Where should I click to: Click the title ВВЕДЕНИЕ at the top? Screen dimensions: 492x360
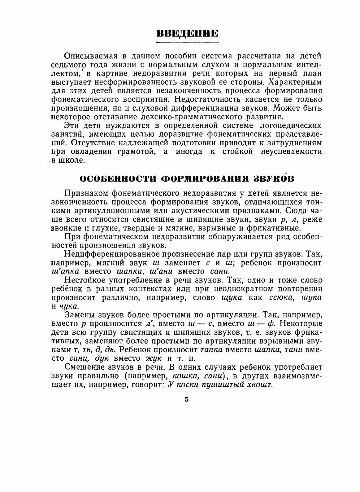tap(187, 33)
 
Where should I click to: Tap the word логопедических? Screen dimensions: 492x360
tap(291, 126)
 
